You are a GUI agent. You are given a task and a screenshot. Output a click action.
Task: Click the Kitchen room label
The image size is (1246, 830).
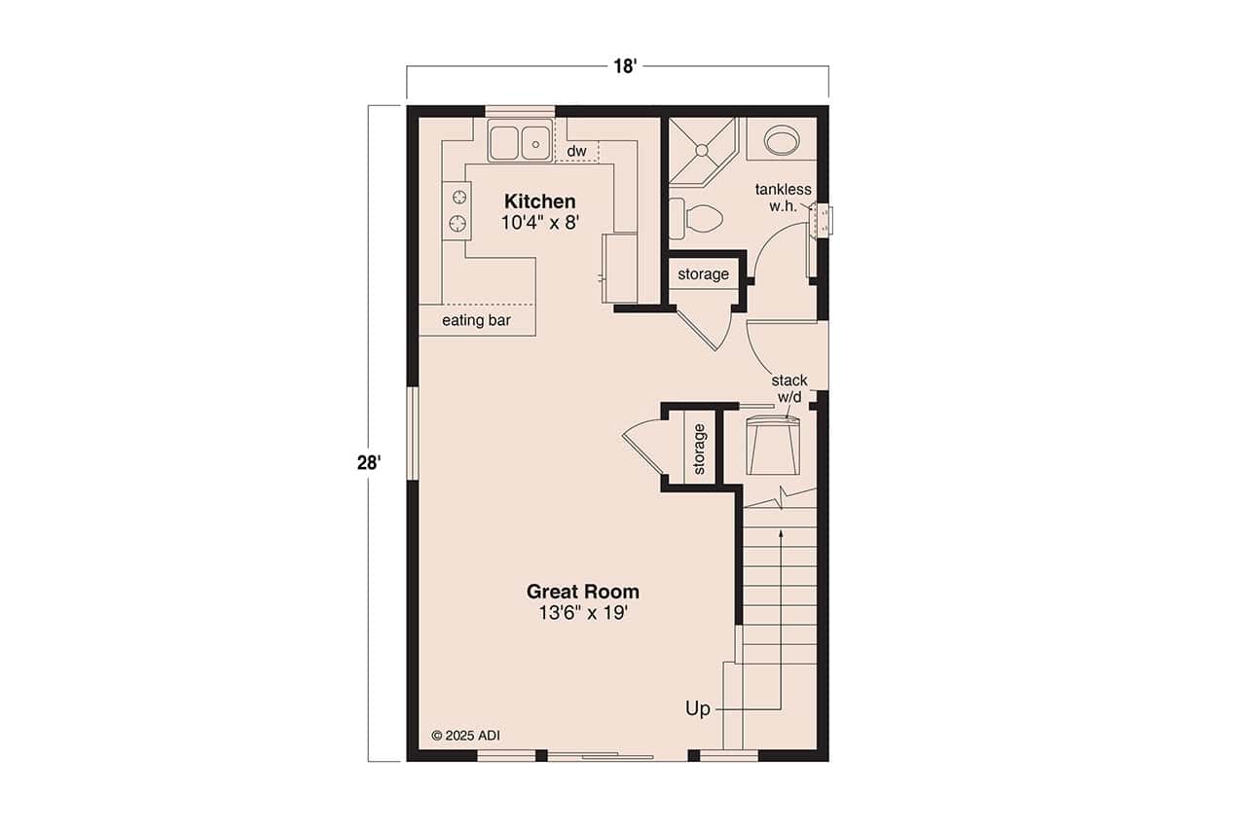tap(539, 201)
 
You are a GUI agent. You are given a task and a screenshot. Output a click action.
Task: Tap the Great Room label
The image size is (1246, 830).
tap(582, 591)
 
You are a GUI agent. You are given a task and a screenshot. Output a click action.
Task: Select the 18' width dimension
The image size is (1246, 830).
tap(624, 66)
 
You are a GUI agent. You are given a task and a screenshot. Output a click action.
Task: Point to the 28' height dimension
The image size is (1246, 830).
tap(367, 462)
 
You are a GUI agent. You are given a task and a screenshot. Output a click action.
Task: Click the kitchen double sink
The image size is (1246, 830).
tap(518, 143)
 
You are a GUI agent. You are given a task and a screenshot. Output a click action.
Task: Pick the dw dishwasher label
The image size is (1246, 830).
tap(576, 151)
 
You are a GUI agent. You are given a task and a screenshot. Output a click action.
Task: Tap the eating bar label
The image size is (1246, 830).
tap(476, 320)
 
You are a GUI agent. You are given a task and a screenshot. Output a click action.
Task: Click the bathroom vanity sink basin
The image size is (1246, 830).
tap(781, 141)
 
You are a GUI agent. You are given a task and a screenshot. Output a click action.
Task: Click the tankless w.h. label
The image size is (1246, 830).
tap(783, 198)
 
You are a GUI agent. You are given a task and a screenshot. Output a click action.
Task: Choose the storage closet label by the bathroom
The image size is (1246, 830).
tap(703, 274)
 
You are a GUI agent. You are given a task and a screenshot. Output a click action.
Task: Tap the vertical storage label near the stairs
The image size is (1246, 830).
tap(699, 449)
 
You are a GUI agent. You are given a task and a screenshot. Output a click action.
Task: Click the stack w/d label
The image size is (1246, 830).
tap(788, 388)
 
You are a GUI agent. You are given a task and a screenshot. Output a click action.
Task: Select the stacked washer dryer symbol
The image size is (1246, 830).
tap(773, 446)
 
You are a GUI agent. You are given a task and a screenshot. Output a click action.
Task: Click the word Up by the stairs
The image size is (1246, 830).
tap(698, 708)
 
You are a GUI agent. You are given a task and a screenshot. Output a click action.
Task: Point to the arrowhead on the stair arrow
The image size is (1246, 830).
tap(781, 533)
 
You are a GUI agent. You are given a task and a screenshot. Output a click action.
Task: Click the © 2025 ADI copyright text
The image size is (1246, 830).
tap(465, 736)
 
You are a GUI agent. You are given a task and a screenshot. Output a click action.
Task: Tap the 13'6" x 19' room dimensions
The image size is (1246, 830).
tap(582, 613)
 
